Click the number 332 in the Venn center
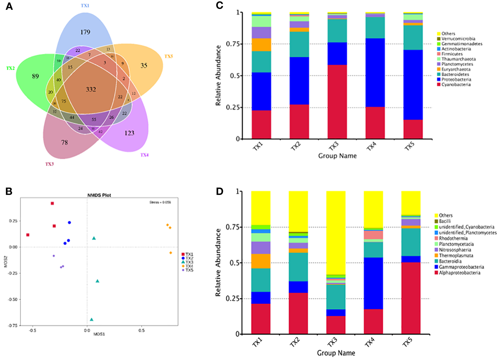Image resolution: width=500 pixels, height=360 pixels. (x=91, y=90)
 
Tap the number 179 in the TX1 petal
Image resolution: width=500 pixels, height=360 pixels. (x=85, y=32)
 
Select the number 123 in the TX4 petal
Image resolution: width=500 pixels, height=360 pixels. (x=129, y=133)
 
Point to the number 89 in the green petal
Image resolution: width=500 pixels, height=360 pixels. (x=35, y=76)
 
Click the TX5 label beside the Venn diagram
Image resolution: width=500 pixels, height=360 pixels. (x=169, y=56)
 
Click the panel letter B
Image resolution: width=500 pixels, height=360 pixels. (x=9, y=191)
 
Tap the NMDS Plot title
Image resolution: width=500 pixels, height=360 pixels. (x=99, y=195)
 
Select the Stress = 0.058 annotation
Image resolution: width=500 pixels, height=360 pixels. (x=160, y=202)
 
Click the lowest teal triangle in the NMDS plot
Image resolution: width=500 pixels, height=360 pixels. (x=91, y=319)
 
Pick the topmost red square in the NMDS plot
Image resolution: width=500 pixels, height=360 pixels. (x=52, y=203)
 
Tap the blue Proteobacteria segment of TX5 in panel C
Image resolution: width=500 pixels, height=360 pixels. (x=413, y=85)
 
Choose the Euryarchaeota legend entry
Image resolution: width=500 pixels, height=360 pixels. (x=456, y=69)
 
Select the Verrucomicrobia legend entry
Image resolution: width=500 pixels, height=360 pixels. (x=458, y=39)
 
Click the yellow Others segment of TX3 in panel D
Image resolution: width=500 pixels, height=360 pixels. (x=336, y=233)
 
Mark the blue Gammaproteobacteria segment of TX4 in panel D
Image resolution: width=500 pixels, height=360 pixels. (x=373, y=283)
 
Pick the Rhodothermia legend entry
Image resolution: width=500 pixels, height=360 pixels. (x=453, y=238)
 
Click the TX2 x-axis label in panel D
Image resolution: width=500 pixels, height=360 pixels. (x=295, y=342)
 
